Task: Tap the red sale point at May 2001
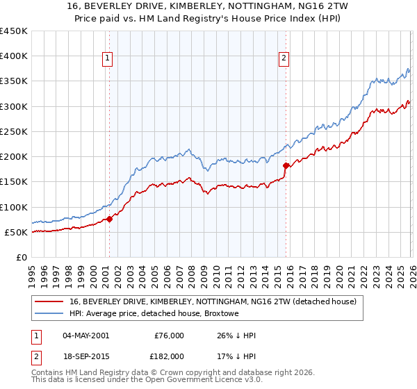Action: coord(109,219)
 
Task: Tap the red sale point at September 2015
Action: coord(286,165)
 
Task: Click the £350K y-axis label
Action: coord(14,81)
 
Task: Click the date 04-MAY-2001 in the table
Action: coord(85,336)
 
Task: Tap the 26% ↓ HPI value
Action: coord(236,336)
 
